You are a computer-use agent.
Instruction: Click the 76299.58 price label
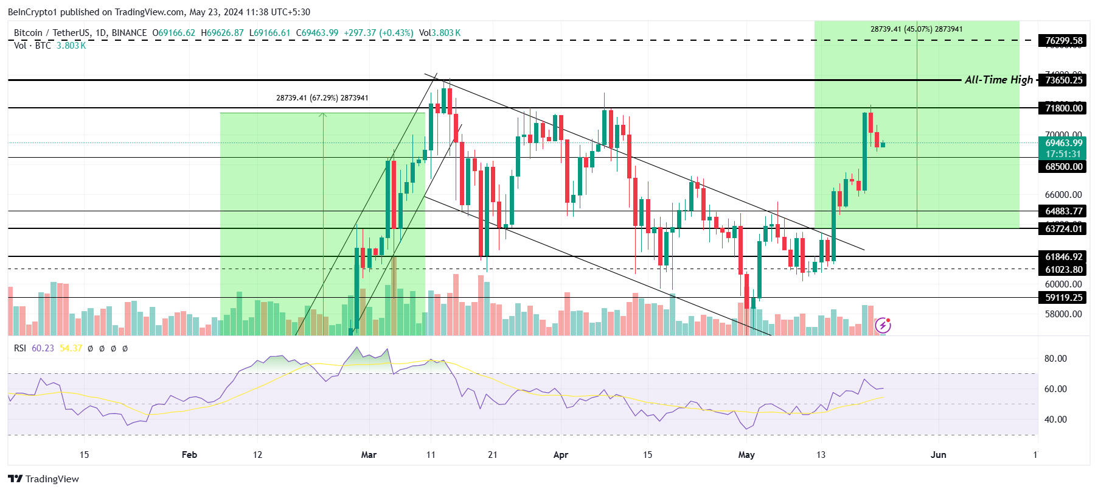click(1063, 41)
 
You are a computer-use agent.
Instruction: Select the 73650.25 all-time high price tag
click(1063, 80)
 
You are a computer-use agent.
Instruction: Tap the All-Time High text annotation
click(998, 80)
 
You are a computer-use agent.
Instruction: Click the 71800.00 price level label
click(1063, 108)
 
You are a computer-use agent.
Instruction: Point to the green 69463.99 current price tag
click(1063, 143)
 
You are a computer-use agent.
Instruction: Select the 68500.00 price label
click(1063, 167)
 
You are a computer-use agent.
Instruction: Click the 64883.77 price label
click(1063, 211)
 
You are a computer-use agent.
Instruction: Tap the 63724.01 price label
click(1063, 229)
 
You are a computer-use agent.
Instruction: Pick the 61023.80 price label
click(1063, 270)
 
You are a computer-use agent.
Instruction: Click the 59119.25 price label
click(1063, 298)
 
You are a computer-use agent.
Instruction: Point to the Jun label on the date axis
click(938, 455)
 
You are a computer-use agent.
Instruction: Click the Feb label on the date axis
click(189, 455)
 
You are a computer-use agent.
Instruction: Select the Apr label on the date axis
click(560, 455)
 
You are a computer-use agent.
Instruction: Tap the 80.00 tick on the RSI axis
click(1055, 359)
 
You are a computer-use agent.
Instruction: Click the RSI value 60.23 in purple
click(43, 348)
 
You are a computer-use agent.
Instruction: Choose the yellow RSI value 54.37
click(71, 348)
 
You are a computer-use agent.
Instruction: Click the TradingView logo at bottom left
click(43, 479)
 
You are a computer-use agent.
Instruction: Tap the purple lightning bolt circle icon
click(883, 326)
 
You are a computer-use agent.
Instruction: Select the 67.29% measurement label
click(322, 98)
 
